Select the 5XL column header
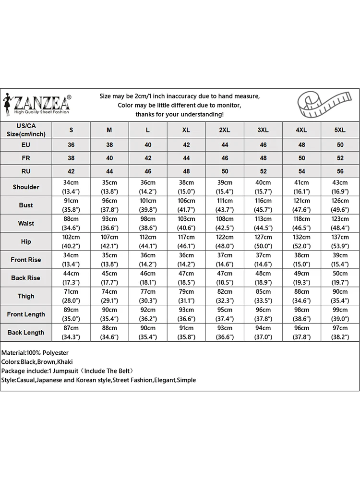pyautogui.click(x=340, y=130)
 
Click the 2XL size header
pyautogui.click(x=225, y=130)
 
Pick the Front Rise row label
pyautogui.click(x=26, y=260)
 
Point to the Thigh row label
pyautogui.click(x=26, y=296)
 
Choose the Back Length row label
pyautogui.click(x=26, y=332)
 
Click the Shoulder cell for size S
pyautogui.click(x=71, y=187)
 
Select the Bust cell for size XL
pyautogui.click(x=186, y=205)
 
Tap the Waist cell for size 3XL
pyautogui.click(x=263, y=223)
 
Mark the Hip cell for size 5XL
pyautogui.click(x=340, y=241)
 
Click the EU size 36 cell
pyautogui.click(x=71, y=144)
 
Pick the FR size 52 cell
pyautogui.click(x=340, y=158)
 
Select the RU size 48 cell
pyautogui.click(x=186, y=171)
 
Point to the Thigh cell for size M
pyautogui.click(x=109, y=296)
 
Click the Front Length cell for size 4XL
pyautogui.click(x=301, y=314)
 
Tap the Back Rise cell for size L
pyautogui.click(x=148, y=278)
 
